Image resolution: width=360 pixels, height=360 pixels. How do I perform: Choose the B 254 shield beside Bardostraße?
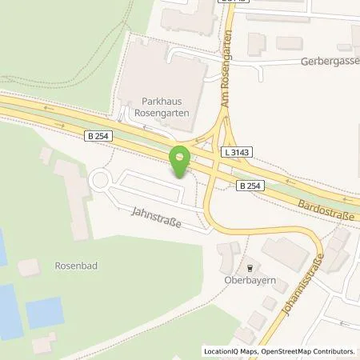[x=250, y=186]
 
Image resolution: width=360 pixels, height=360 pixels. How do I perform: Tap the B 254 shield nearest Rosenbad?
[x=96, y=138]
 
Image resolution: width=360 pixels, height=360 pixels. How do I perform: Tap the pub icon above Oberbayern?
[x=250, y=268]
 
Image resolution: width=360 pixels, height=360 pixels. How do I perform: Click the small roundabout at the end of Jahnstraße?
[x=102, y=181]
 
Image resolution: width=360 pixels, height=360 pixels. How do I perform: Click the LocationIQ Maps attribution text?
[x=232, y=351]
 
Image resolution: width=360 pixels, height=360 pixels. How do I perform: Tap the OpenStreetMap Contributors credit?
[x=306, y=351]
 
